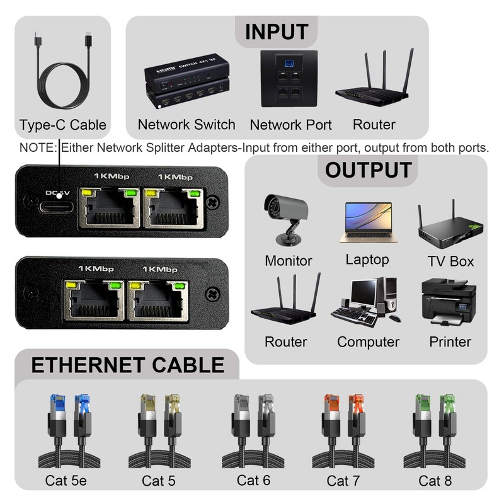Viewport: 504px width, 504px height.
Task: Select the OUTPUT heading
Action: click(368, 169)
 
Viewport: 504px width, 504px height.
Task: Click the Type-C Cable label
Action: click(62, 125)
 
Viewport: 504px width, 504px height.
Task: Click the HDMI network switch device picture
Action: click(185, 85)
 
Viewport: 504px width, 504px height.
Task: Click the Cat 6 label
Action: click(254, 480)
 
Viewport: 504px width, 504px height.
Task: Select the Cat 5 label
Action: click(159, 481)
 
